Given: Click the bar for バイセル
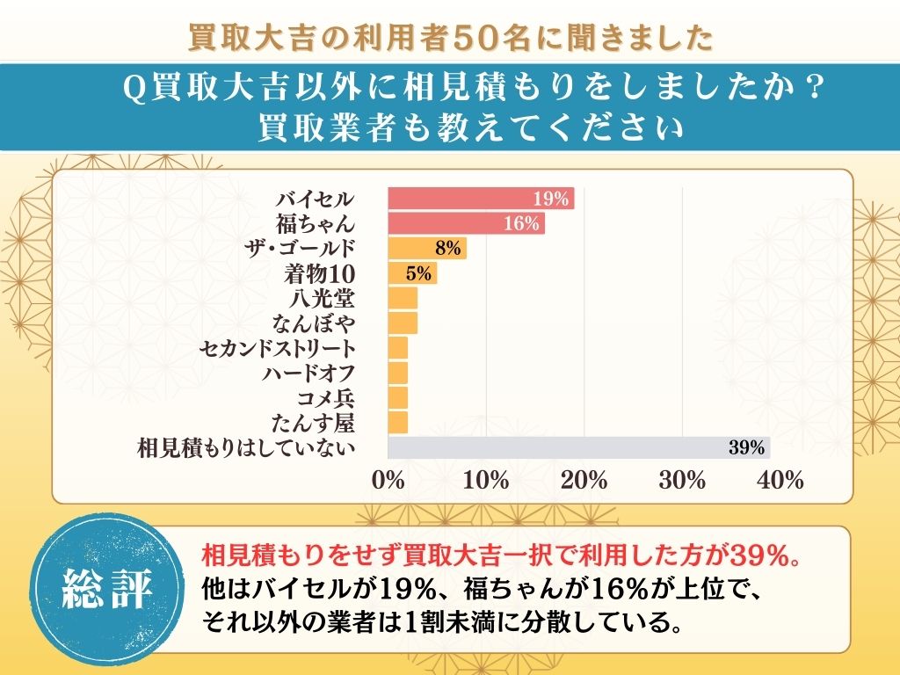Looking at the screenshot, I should tap(481, 199).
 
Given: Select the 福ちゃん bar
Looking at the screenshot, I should tap(466, 223).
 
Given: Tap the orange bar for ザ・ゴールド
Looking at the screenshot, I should tap(426, 249).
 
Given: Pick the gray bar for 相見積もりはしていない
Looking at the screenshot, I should tap(578, 447).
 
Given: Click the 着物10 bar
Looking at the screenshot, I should tap(412, 273).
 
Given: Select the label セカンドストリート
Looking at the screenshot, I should tap(278, 348).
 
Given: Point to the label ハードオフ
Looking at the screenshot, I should tap(308, 373).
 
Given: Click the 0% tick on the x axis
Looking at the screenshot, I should tap(388, 481).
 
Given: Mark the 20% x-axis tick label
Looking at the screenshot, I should tap(584, 481).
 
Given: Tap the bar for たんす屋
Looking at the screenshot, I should tap(398, 423).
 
